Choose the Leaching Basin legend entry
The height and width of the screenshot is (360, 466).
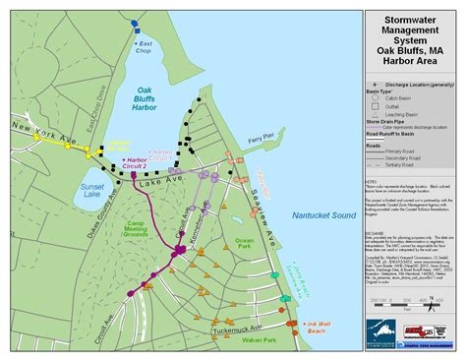tap(409, 115)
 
